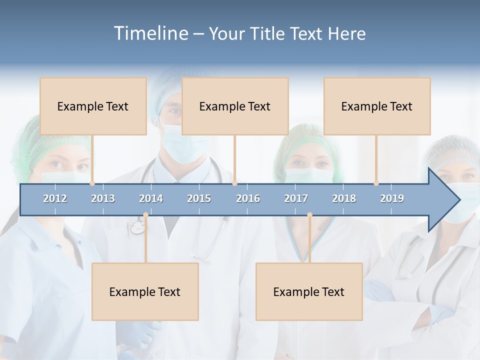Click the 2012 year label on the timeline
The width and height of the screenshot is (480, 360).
coord(55,198)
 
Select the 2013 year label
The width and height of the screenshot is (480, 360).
coord(103,198)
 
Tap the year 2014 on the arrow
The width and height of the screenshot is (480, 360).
coord(151,198)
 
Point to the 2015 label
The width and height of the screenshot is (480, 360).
coord(199,198)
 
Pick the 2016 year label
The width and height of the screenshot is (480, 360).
coord(248,198)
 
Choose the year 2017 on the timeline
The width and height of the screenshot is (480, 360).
coord(296,198)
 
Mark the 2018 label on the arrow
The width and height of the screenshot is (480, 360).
coord(344,198)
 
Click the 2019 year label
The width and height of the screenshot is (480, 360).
coord(392,198)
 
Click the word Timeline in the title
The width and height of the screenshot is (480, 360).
coord(150,33)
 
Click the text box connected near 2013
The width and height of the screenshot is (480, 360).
coord(93,106)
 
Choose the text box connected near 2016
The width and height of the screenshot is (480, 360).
coord(235,106)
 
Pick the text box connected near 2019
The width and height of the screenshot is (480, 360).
coord(377,106)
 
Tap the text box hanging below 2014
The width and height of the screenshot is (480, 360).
coord(145,291)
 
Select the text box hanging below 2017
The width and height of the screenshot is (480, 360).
coord(309,291)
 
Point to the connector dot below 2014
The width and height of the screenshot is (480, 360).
coord(145,215)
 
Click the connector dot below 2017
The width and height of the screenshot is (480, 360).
coord(309,215)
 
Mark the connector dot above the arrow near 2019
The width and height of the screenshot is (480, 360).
coord(376,183)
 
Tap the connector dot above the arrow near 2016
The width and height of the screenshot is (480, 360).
coord(234,183)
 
